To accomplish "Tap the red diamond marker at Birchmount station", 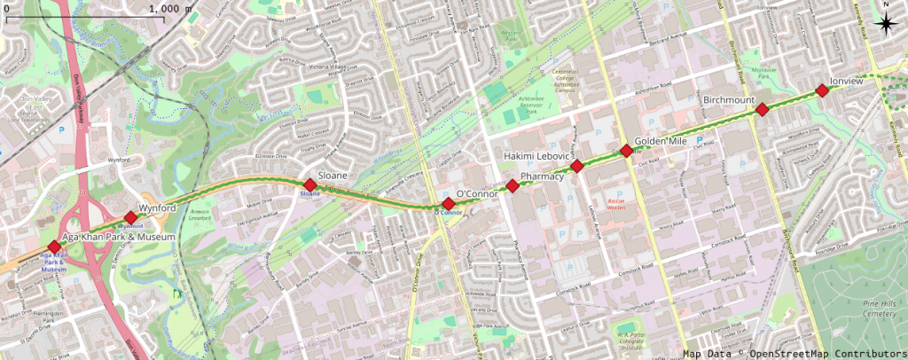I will pos(761,110).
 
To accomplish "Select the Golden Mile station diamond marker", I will pos(626,150).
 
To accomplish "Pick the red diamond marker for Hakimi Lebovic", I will pos(576,166).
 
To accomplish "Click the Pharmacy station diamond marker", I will pos(513,185).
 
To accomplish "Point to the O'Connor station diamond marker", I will pos(449,204).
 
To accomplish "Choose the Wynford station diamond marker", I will pos(131,217).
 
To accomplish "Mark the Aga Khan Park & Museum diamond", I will pos(54,247).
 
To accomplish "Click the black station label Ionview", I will pos(846,81).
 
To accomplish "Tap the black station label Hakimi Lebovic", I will pos(536,156).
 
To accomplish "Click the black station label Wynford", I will pos(157,207).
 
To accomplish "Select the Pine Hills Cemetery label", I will pos(884,308).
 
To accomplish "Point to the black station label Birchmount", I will pos(728,100).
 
